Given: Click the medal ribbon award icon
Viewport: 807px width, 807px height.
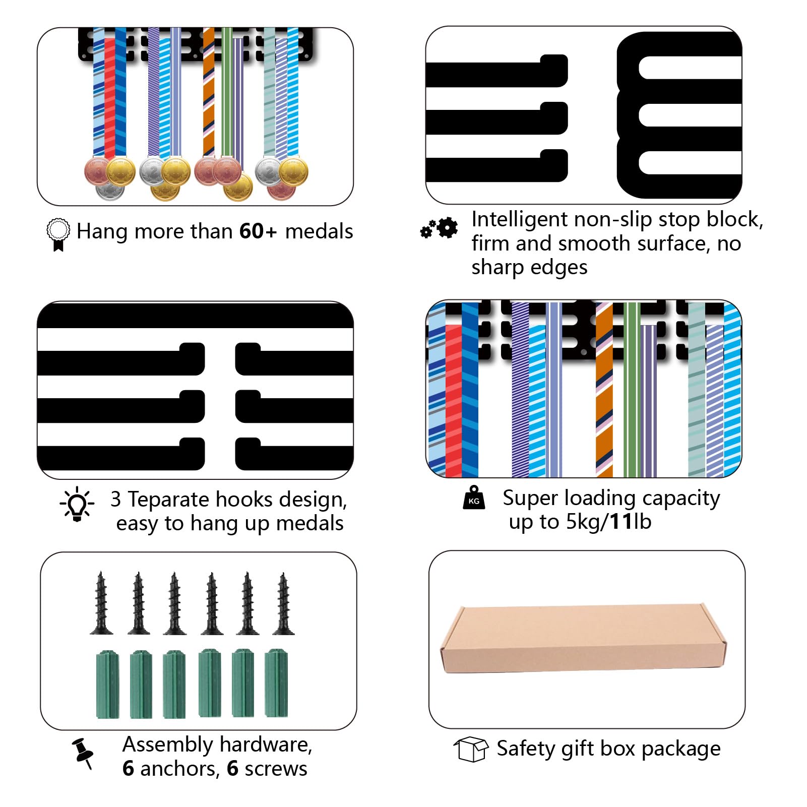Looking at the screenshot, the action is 58,234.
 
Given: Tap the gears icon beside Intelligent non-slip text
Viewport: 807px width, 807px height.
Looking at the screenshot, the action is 439,228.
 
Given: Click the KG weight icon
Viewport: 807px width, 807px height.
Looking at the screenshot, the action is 474,498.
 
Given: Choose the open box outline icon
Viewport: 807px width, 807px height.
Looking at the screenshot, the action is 471,749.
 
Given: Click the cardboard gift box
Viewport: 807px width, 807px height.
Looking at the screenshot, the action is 584,639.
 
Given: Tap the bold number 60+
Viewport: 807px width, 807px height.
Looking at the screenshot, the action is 258,231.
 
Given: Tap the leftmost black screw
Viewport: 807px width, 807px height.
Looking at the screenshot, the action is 101,603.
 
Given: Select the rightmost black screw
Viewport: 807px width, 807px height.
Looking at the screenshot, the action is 283,603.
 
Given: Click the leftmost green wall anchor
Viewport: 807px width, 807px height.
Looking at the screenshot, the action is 107,684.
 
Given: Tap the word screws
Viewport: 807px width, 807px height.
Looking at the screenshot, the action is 275,769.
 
